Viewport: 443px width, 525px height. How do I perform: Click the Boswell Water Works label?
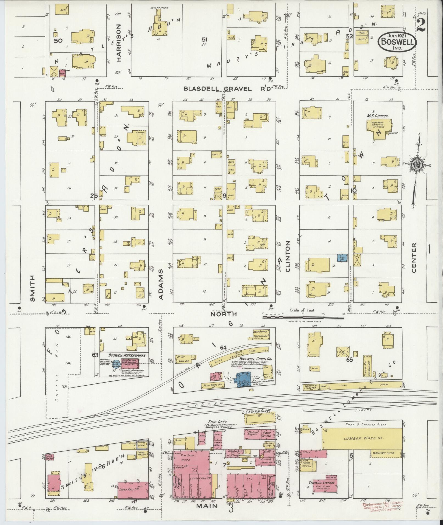pos(123,355)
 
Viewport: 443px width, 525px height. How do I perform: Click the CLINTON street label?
pos(288,256)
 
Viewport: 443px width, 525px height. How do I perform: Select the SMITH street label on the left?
pos(33,288)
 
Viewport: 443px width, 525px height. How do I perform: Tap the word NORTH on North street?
pos(223,314)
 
